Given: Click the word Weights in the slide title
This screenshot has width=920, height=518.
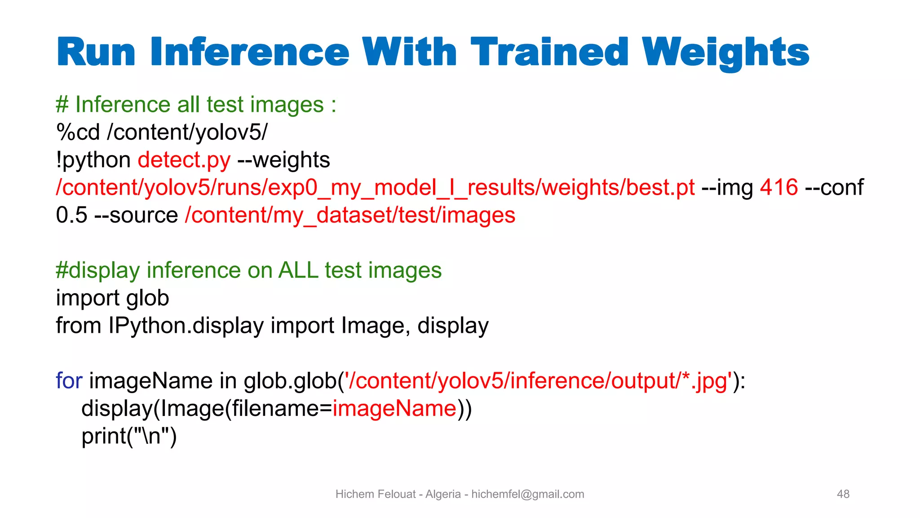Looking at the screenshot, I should [x=725, y=53].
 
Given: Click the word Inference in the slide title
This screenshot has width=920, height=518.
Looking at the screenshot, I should [x=250, y=53].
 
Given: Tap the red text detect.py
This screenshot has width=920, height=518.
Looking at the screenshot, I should [x=184, y=160].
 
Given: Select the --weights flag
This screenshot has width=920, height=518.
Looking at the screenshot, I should [x=283, y=160].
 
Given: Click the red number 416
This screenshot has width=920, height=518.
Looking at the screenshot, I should [x=779, y=188].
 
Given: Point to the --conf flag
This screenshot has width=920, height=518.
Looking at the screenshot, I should [x=834, y=188].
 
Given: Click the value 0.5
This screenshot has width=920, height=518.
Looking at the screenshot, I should [x=71, y=215].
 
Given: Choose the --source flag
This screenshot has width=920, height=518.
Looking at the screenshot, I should [x=136, y=215].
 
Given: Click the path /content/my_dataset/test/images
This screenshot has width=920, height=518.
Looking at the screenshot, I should [x=350, y=215].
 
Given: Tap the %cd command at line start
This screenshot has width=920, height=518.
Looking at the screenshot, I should [x=78, y=132].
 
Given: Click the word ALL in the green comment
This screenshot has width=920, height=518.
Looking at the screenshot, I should [x=298, y=270].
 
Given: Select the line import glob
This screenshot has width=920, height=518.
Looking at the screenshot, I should [x=112, y=298].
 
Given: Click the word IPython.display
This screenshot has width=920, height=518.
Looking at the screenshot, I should [x=186, y=326].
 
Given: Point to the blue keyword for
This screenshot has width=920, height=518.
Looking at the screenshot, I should [x=69, y=381].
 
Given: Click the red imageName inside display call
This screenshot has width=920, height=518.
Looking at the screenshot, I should [x=394, y=408].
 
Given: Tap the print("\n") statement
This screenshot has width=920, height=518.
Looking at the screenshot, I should [x=129, y=436].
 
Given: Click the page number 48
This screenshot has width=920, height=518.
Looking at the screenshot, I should [x=843, y=494].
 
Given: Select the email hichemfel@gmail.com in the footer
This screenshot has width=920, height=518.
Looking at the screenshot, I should [x=527, y=494].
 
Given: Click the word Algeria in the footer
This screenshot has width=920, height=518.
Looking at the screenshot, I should [x=443, y=494].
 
